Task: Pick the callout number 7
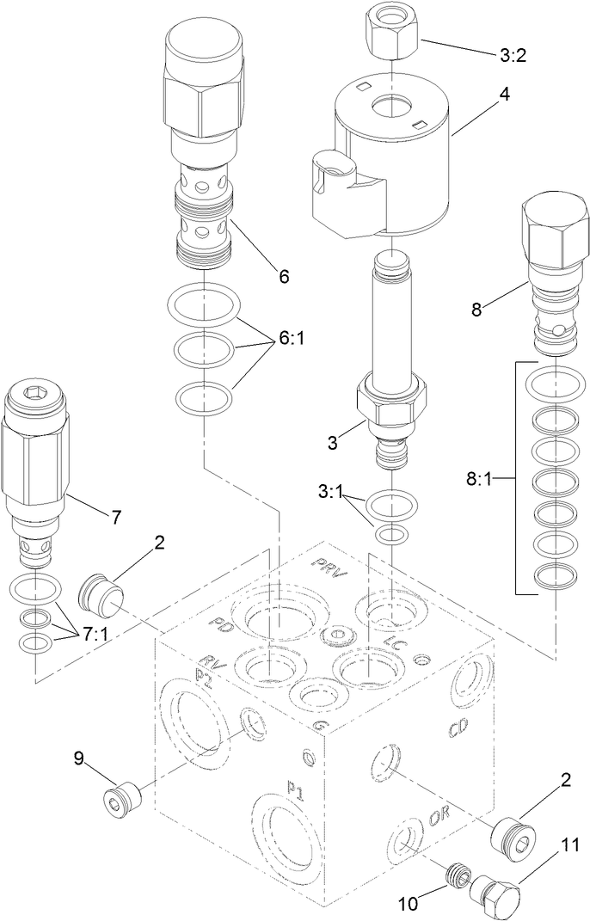[114, 517]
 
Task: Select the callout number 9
[78, 758]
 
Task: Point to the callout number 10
[408, 903]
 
